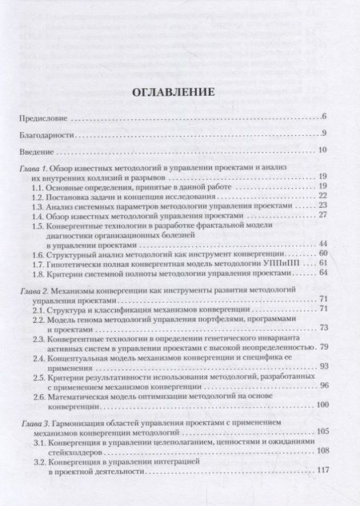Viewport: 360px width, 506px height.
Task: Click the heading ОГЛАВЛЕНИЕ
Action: (180, 92)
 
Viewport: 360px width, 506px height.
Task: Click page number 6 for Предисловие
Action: (325, 118)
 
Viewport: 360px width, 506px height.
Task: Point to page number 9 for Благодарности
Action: (325, 133)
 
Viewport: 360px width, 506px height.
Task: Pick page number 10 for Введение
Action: (323, 149)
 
